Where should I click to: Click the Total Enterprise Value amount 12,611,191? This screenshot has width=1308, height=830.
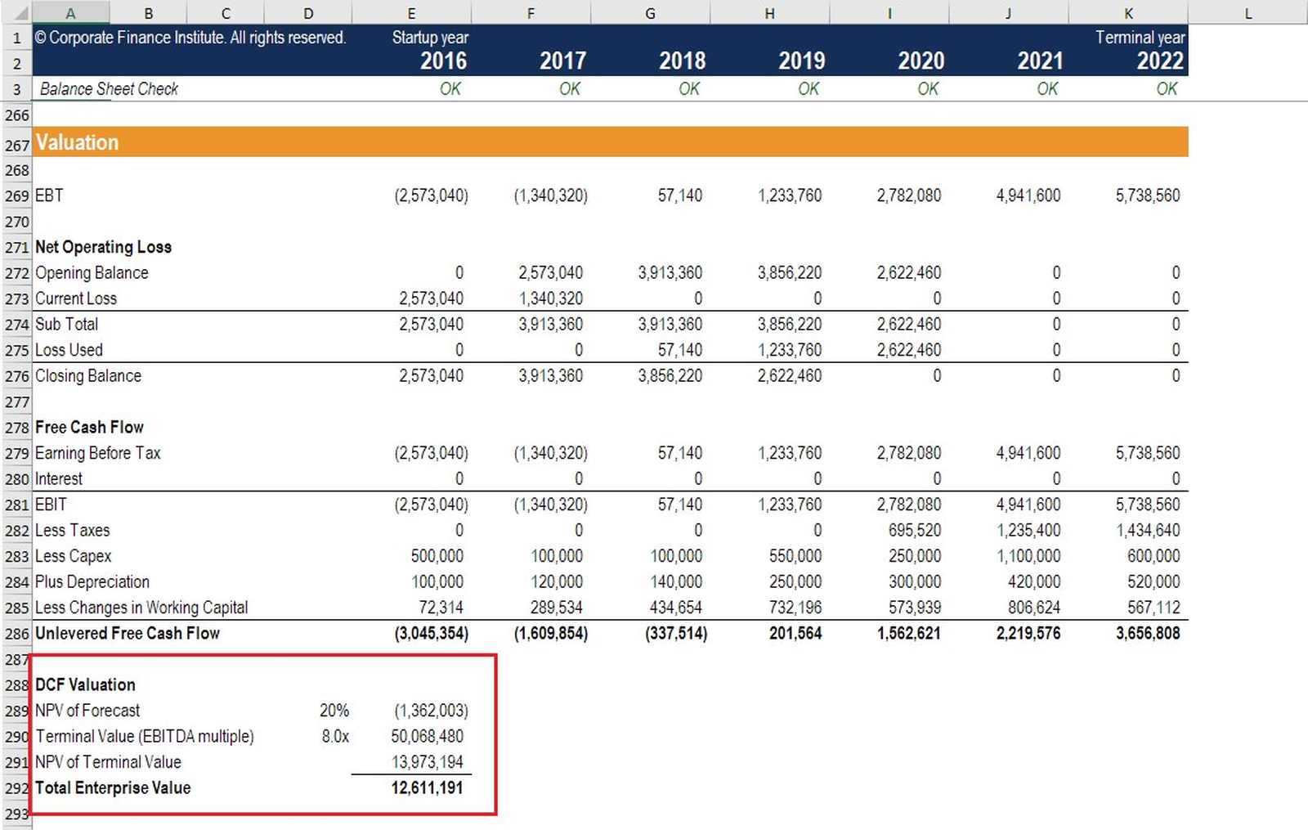pyautogui.click(x=427, y=787)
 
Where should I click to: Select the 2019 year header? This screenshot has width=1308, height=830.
pyautogui.click(x=801, y=61)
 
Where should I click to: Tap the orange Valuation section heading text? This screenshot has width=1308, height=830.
pyautogui.click(x=77, y=142)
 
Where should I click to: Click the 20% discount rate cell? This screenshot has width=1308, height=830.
pyautogui.click(x=334, y=711)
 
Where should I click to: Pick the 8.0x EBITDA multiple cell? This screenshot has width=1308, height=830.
pyautogui.click(x=335, y=736)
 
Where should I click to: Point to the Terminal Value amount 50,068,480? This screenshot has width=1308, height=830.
pyautogui.click(x=427, y=736)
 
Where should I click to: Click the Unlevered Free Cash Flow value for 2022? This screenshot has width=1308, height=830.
pyautogui.click(x=1147, y=633)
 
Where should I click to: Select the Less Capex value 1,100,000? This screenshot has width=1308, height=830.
pyautogui.click(x=1028, y=556)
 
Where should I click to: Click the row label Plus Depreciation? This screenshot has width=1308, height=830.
pyautogui.click(x=92, y=582)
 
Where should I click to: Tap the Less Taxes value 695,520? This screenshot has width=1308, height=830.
pyautogui.click(x=914, y=530)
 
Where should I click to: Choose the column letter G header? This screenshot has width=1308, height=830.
pyautogui.click(x=650, y=13)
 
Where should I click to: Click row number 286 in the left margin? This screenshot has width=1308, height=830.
pyautogui.click(x=16, y=634)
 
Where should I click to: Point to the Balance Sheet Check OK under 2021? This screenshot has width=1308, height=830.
pyautogui.click(x=1047, y=89)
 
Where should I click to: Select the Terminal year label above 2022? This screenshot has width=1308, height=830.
pyautogui.click(x=1140, y=38)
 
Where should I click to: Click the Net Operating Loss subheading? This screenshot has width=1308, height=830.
pyautogui.click(x=103, y=247)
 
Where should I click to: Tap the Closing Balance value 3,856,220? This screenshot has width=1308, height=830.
pyautogui.click(x=670, y=376)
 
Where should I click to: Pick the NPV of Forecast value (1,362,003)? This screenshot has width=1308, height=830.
pyautogui.click(x=431, y=711)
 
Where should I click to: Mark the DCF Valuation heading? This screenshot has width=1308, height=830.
pyautogui.click(x=85, y=684)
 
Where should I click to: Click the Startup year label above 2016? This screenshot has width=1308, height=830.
pyautogui.click(x=430, y=38)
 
